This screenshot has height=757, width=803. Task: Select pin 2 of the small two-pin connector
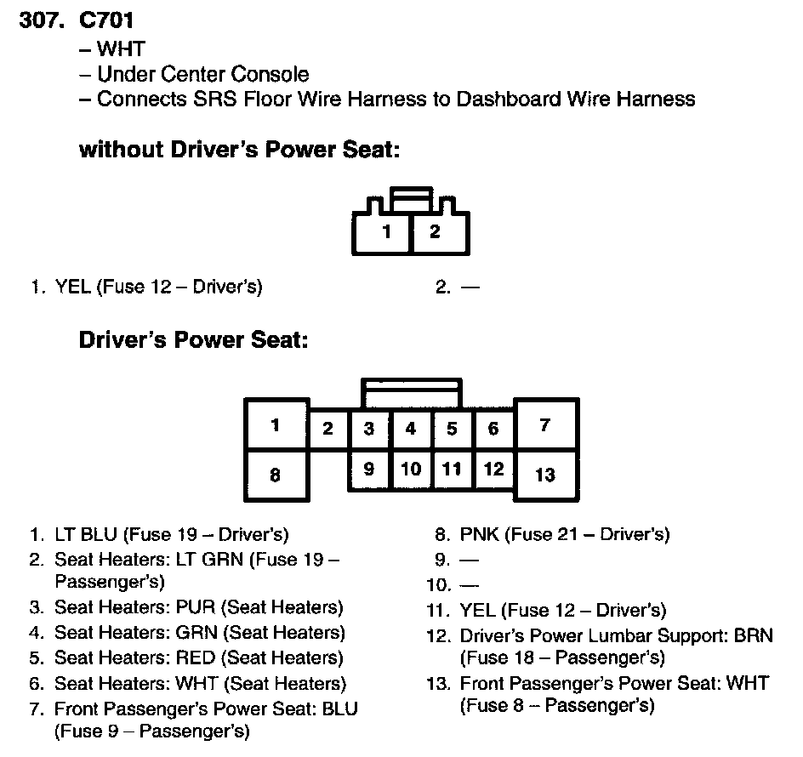(435, 231)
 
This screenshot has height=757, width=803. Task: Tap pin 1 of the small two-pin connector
(387, 231)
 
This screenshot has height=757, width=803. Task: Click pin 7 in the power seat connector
(545, 424)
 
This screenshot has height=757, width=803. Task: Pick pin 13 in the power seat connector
(545, 475)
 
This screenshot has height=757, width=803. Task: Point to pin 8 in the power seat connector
(275, 475)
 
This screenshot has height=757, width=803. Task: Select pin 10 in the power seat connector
(411, 469)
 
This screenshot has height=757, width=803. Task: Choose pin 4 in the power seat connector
(411, 429)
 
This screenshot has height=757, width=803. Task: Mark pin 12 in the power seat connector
(493, 469)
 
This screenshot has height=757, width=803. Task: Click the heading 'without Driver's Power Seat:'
(239, 150)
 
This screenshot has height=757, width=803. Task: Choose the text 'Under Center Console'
(202, 74)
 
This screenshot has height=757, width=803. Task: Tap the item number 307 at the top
(39, 20)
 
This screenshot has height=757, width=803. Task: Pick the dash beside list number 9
(469, 561)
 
